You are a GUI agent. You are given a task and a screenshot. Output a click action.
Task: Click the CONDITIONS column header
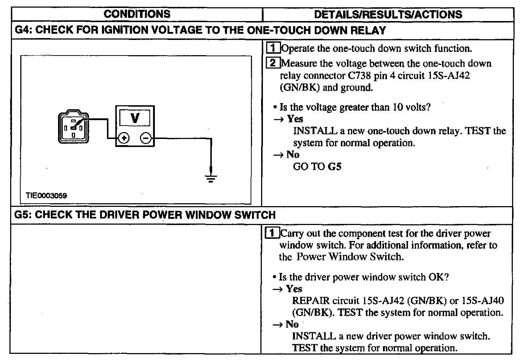[x=137, y=14]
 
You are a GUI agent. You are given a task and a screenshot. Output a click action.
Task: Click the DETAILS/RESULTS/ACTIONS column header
[x=388, y=15]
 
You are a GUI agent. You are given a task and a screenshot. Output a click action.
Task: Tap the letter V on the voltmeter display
[x=135, y=118]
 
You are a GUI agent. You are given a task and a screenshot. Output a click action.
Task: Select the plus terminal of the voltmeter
[x=124, y=138]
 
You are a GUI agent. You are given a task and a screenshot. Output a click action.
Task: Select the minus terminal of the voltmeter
[x=146, y=138]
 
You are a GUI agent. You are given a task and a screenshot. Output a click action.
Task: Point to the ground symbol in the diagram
[x=211, y=178]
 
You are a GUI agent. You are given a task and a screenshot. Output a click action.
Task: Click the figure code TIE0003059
[x=46, y=195]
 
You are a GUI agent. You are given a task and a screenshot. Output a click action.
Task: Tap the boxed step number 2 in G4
[x=273, y=63]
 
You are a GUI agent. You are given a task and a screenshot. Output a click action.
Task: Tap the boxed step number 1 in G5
[x=272, y=233]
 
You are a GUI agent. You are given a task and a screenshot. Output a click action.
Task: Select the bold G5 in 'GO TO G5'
[x=334, y=167]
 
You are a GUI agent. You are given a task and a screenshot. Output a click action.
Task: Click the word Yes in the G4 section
[x=295, y=119]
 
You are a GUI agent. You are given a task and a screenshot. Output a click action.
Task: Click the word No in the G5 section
[x=292, y=324]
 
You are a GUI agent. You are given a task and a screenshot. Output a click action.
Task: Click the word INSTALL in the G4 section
[x=315, y=131]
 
